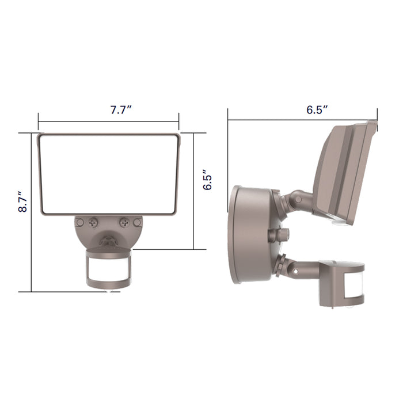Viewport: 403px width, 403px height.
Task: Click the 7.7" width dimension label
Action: (x=121, y=111)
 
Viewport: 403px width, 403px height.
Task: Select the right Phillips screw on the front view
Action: (x=123, y=221)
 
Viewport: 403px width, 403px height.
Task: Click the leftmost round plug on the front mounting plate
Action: (x=80, y=222)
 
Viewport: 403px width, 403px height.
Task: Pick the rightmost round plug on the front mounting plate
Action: (x=136, y=222)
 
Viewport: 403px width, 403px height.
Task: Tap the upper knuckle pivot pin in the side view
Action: (x=298, y=199)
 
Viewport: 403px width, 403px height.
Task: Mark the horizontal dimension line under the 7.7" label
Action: (x=109, y=121)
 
